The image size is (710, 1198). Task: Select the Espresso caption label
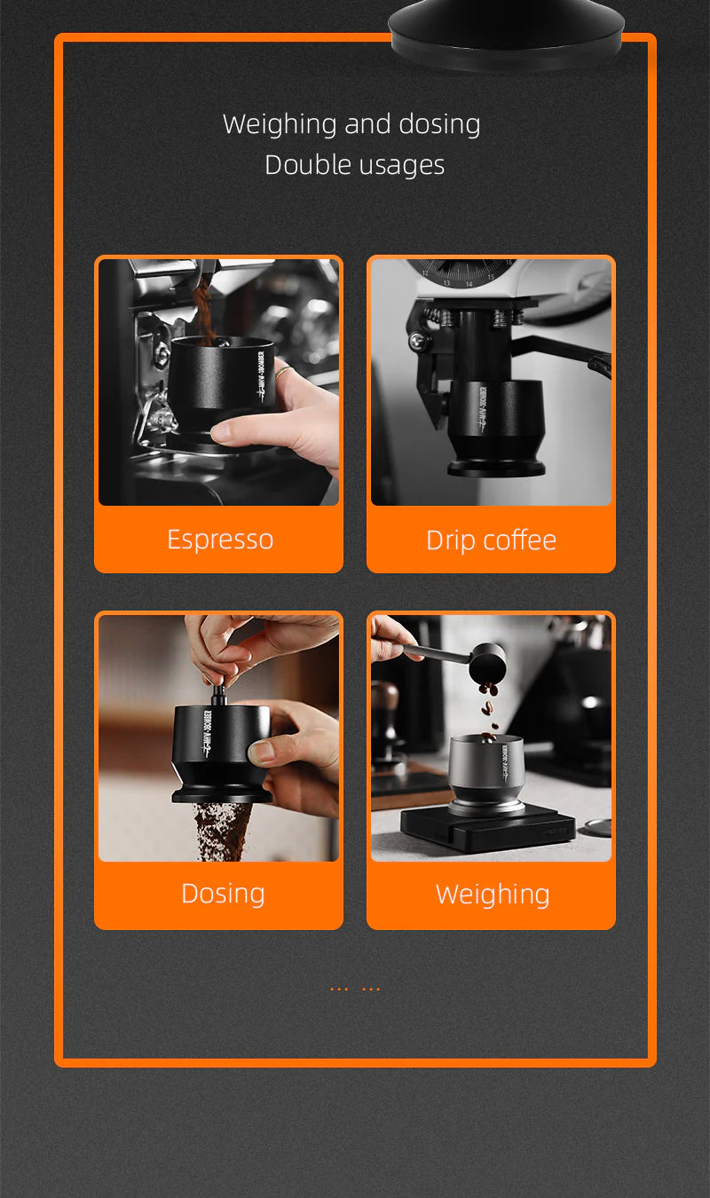coord(219,540)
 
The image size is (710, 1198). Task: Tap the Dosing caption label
coord(223,893)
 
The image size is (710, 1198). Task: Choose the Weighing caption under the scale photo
coord(492,894)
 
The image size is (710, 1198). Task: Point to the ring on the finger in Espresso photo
coord(280,374)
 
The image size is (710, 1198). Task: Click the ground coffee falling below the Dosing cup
coord(219,830)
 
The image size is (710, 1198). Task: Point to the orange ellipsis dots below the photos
coord(355,988)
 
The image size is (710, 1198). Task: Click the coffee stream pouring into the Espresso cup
coord(203,311)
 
